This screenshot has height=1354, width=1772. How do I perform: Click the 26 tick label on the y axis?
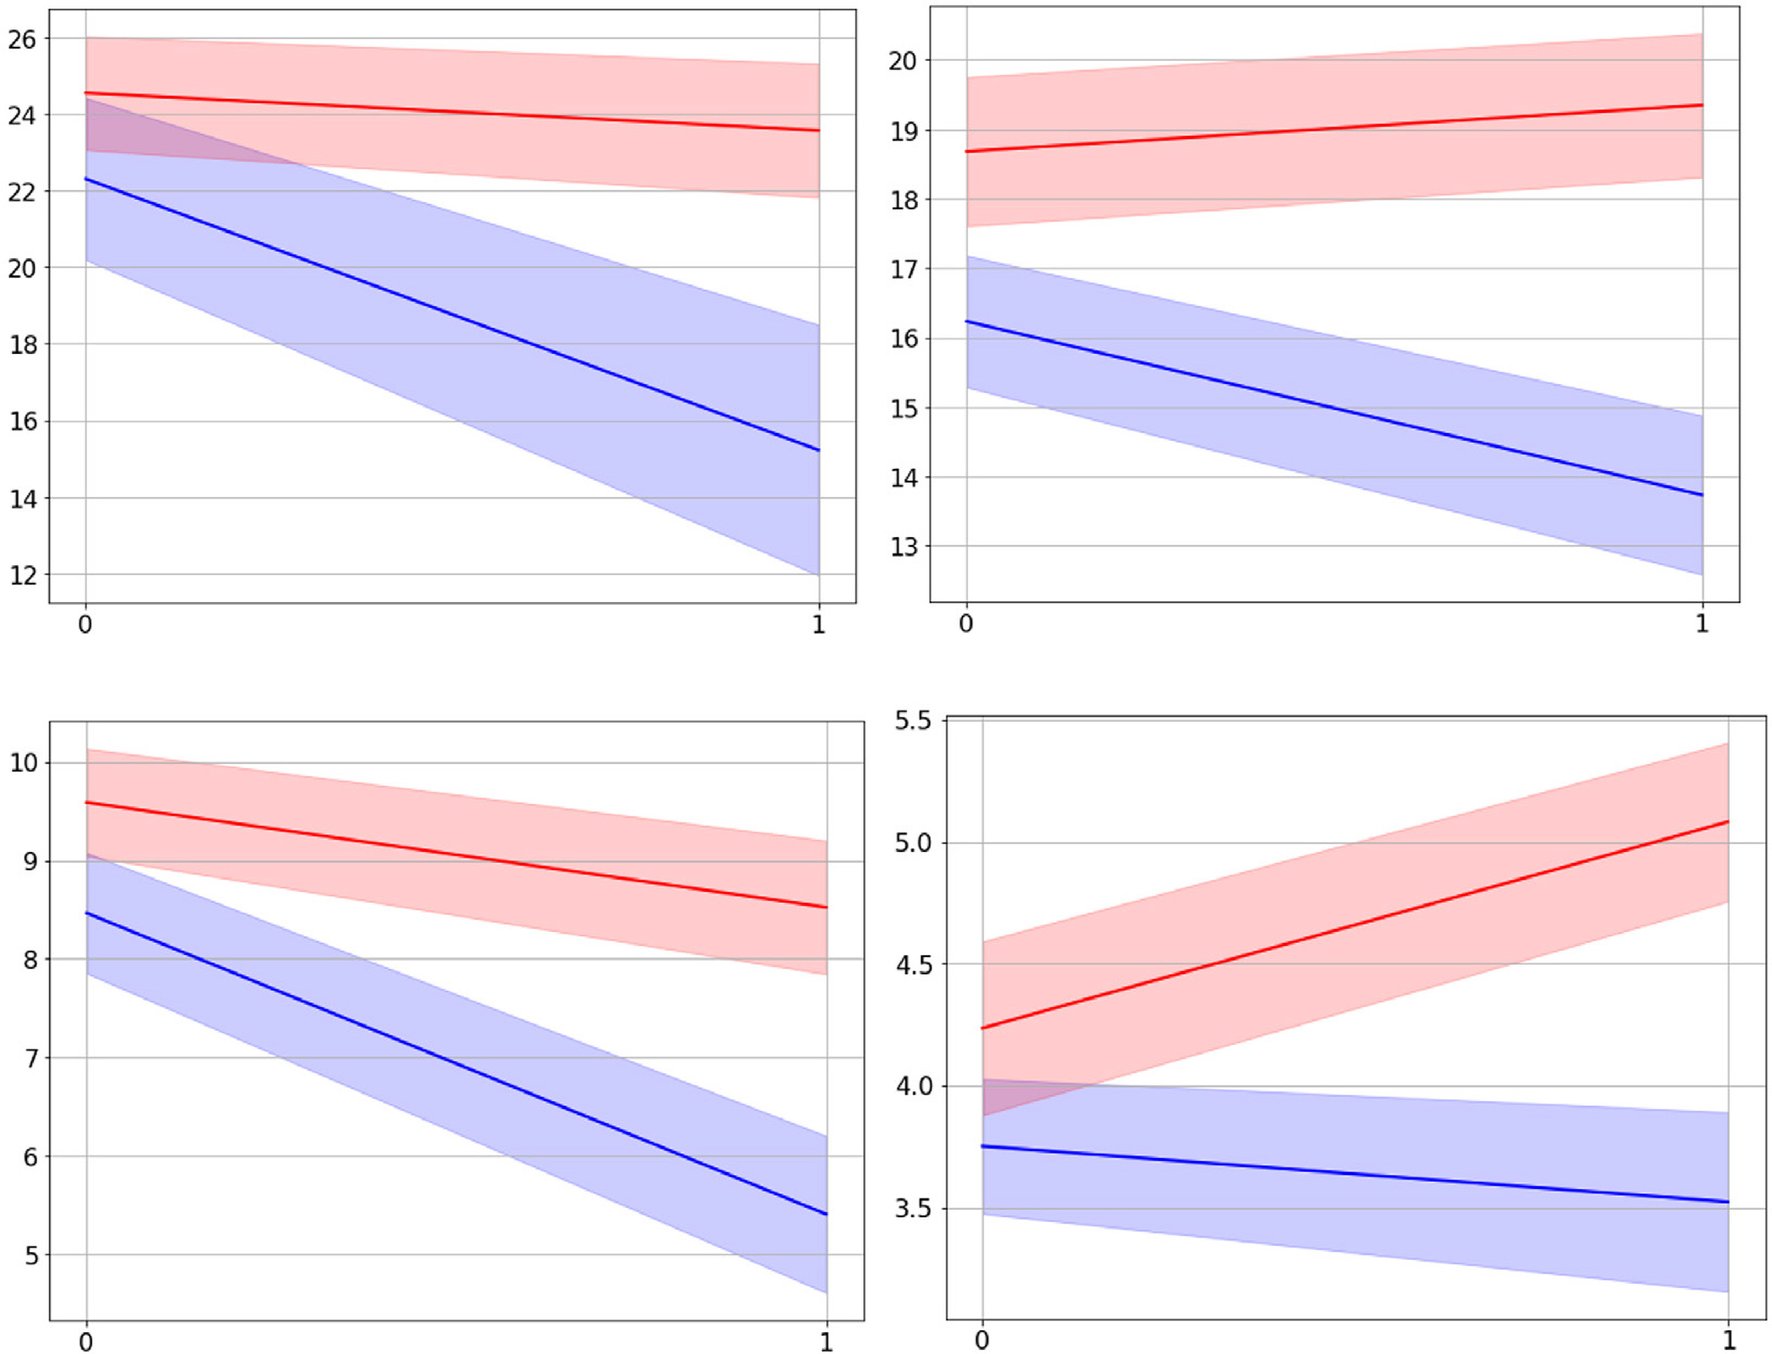coord(22,39)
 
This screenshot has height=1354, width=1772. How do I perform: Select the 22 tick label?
coord(22,192)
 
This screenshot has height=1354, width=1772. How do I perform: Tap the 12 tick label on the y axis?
coord(22,576)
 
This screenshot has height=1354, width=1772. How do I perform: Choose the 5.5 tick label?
coord(912,721)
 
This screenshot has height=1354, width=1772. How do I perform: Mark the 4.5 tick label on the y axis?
coord(912,965)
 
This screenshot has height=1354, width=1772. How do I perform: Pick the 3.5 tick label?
coord(912,1209)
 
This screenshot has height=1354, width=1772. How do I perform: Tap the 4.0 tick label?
coord(912,1086)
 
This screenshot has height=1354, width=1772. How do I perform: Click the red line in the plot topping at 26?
coord(452,111)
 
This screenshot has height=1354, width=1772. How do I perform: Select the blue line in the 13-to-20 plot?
coord(1334,409)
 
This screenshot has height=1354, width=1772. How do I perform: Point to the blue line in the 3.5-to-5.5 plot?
coord(1354,1174)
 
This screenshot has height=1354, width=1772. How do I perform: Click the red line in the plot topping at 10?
coord(456,855)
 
